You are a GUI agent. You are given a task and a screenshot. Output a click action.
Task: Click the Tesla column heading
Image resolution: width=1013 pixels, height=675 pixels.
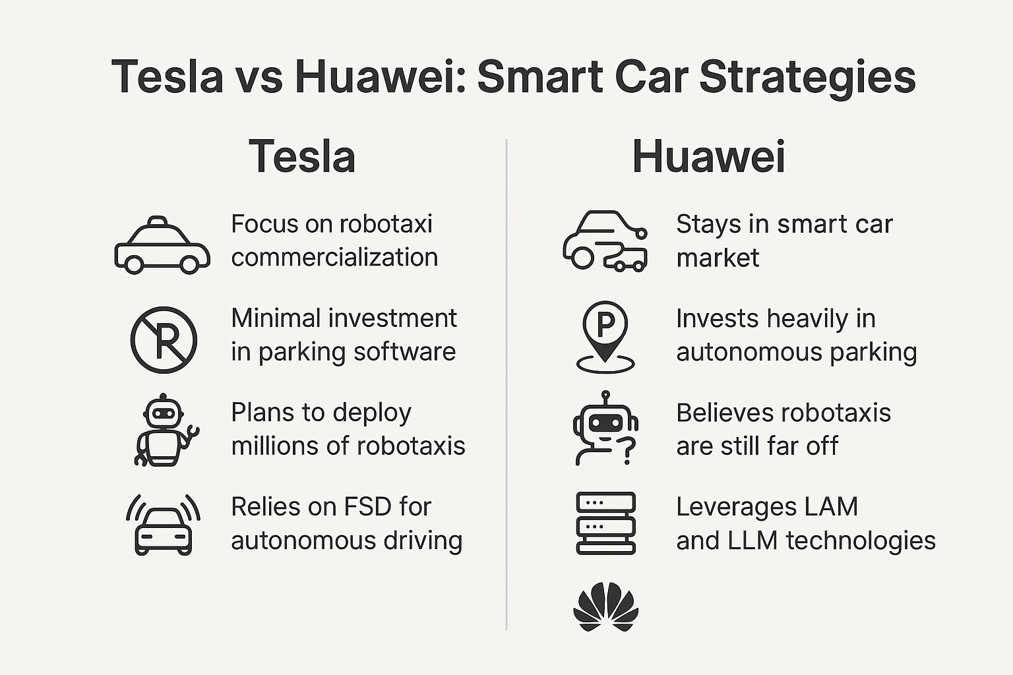tap(301, 156)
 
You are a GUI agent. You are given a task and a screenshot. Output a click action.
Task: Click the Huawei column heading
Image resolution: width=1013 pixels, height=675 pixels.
tap(709, 156)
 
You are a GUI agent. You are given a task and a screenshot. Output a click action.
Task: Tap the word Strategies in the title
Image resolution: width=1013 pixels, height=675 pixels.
tap(807, 77)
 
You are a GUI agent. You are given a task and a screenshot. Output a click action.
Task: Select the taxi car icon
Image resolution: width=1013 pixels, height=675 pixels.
tap(162, 245)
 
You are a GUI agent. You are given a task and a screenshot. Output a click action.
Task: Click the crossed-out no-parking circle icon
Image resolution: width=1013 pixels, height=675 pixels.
tap(164, 339)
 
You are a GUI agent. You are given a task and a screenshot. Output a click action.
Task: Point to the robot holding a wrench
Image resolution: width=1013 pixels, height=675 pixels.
tap(166, 430)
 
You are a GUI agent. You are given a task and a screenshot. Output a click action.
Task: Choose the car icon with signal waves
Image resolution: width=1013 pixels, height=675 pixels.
tap(164, 525)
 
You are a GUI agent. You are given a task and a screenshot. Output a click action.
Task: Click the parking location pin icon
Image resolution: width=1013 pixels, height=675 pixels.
tap(605, 337)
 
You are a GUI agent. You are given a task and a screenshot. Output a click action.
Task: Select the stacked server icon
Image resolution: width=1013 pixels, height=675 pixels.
tap(606, 523)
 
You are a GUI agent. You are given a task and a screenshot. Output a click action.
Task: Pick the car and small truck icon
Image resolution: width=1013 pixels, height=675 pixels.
tap(605, 241)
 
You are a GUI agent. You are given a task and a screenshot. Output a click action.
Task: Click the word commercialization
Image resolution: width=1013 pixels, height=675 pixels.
tap(334, 257)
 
